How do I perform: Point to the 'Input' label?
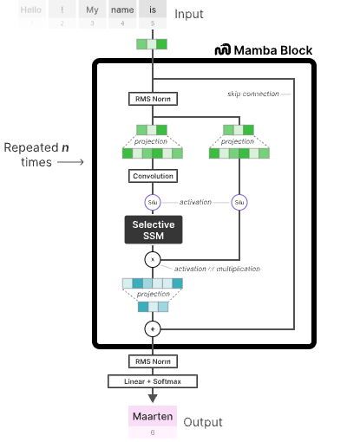189,15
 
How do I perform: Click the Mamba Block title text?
275,50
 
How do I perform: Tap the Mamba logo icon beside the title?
224,50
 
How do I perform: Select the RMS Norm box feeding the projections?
153,99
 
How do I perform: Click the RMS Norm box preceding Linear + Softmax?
153,361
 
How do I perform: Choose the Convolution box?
153,176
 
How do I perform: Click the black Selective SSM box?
153,230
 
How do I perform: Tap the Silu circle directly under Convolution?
153,202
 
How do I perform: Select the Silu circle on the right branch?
239,202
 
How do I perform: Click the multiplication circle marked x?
153,259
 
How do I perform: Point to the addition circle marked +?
153,328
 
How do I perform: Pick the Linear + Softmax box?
153,380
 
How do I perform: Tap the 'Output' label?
202,422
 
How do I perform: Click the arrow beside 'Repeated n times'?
71,162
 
